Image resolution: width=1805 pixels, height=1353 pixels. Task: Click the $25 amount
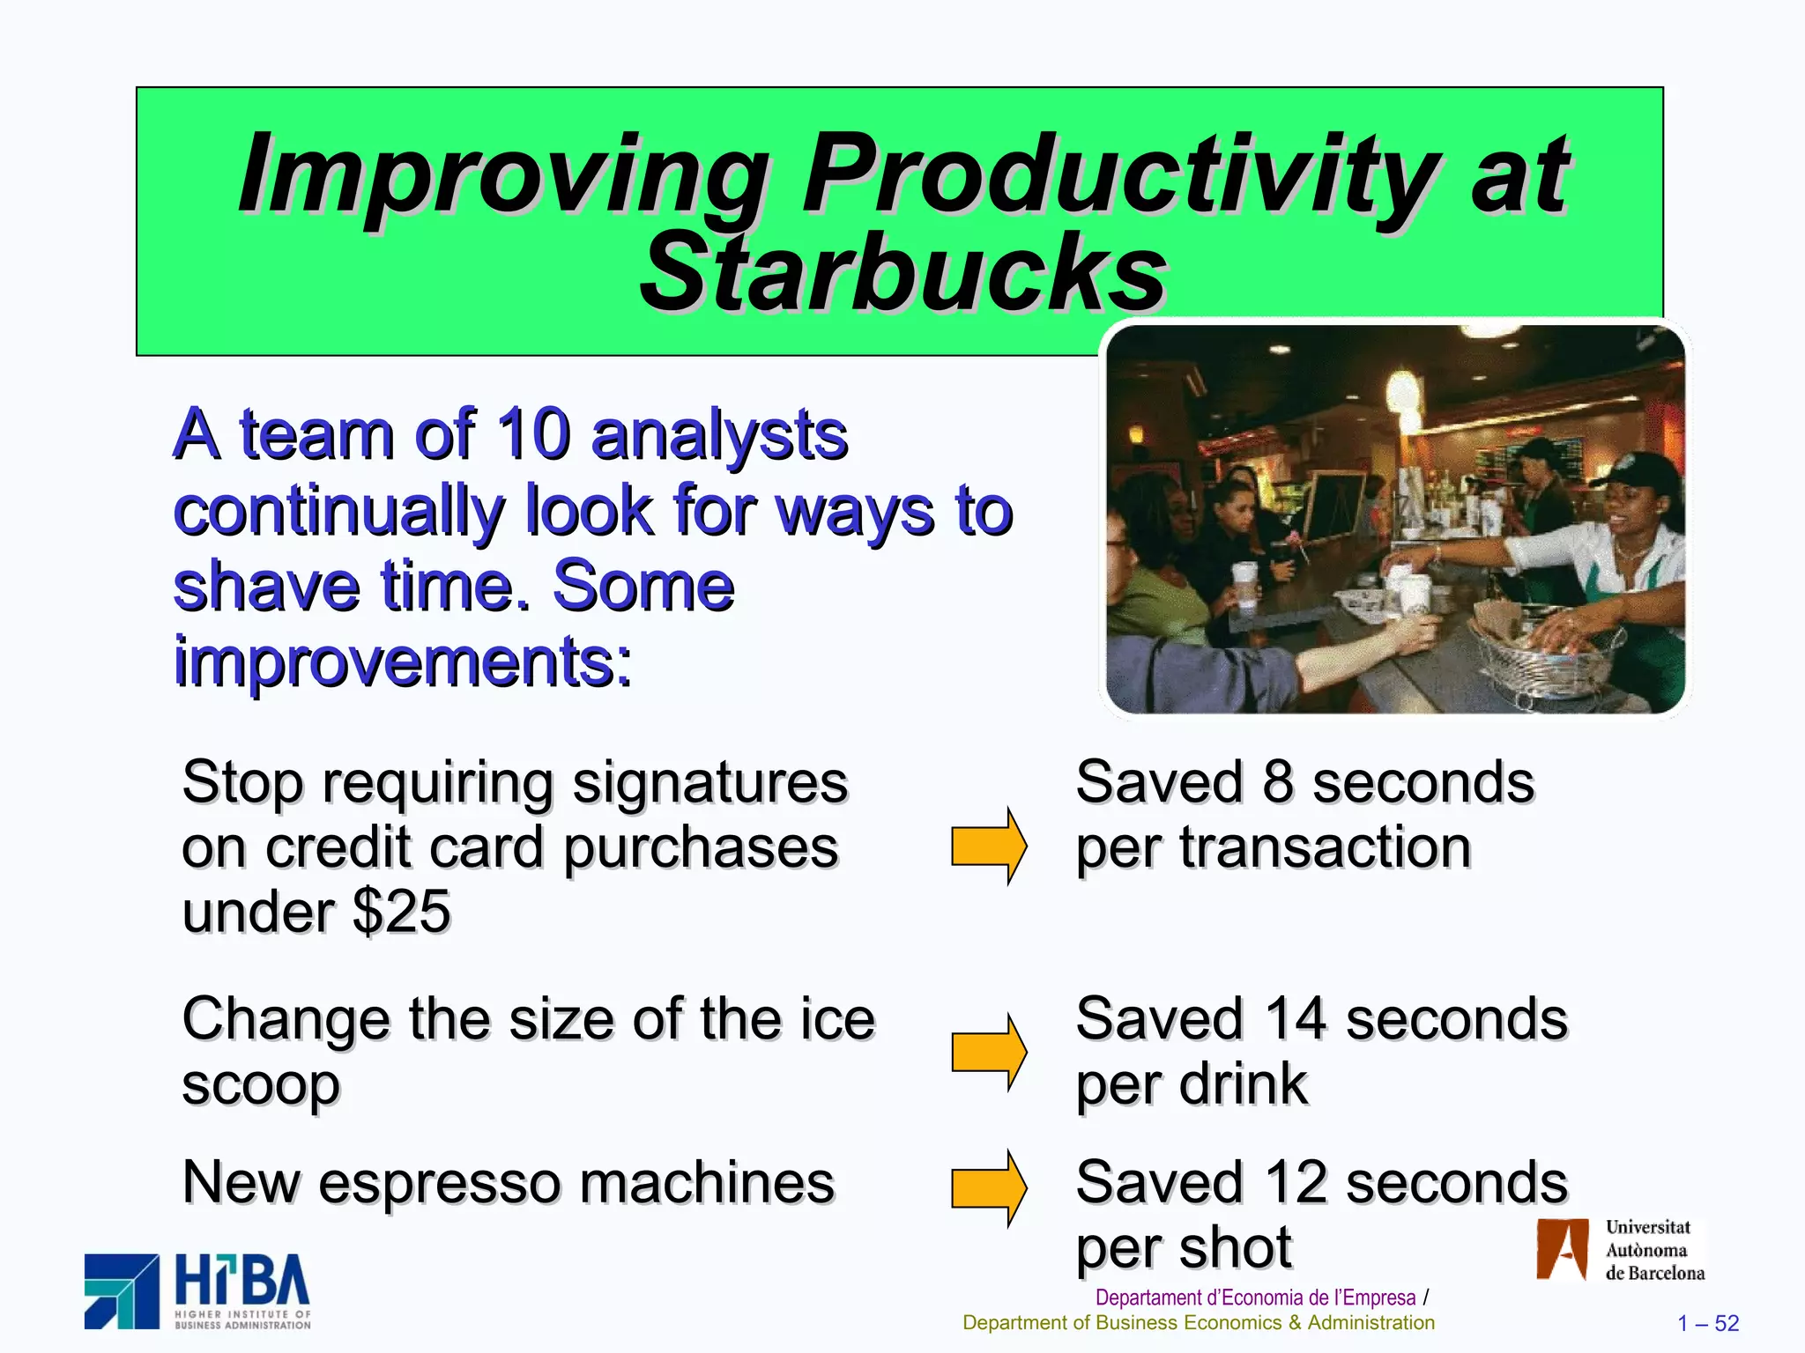click(x=401, y=911)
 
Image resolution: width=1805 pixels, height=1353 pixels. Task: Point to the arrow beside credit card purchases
click(x=988, y=846)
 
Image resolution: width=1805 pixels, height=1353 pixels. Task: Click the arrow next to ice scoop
click(x=988, y=1052)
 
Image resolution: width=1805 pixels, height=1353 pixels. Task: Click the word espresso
click(x=438, y=1182)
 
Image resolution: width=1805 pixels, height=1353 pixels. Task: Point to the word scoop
click(x=261, y=1085)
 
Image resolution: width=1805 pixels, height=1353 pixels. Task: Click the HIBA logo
click(x=197, y=1291)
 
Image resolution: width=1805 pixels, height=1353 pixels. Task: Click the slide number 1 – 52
click(x=1707, y=1323)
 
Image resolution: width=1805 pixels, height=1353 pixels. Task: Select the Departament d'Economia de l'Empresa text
click(x=1255, y=1298)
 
